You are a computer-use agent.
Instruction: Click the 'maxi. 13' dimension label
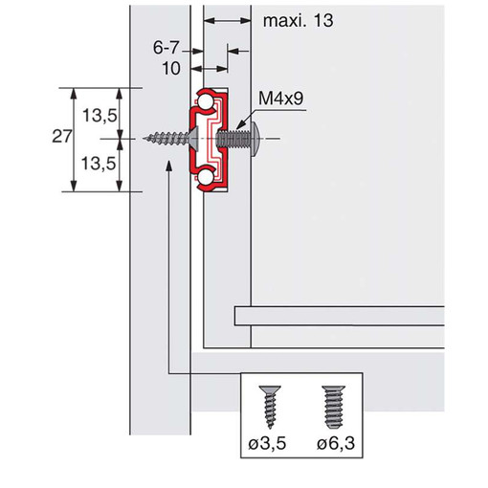298,21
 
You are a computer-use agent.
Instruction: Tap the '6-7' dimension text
166,48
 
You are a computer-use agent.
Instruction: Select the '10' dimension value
171,68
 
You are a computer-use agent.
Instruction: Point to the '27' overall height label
61,137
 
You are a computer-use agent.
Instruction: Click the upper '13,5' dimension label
100,115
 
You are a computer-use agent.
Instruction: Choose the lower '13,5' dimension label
99,164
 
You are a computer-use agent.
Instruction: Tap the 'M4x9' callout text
280,98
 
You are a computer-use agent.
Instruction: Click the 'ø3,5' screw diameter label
267,443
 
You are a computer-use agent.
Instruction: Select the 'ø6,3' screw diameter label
336,443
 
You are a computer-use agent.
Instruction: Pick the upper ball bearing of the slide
205,102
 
